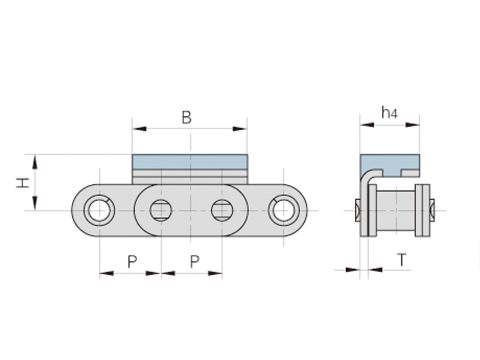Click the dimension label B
click(187, 118)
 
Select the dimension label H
click(22, 182)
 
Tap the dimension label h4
click(389, 112)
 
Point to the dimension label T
click(402, 260)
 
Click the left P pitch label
click(132, 261)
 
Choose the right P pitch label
click(194, 261)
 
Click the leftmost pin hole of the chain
click(99, 210)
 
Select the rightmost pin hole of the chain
click(283, 210)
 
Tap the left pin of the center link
click(161, 210)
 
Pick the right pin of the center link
click(222, 210)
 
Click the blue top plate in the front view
click(190, 161)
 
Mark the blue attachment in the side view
click(390, 164)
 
